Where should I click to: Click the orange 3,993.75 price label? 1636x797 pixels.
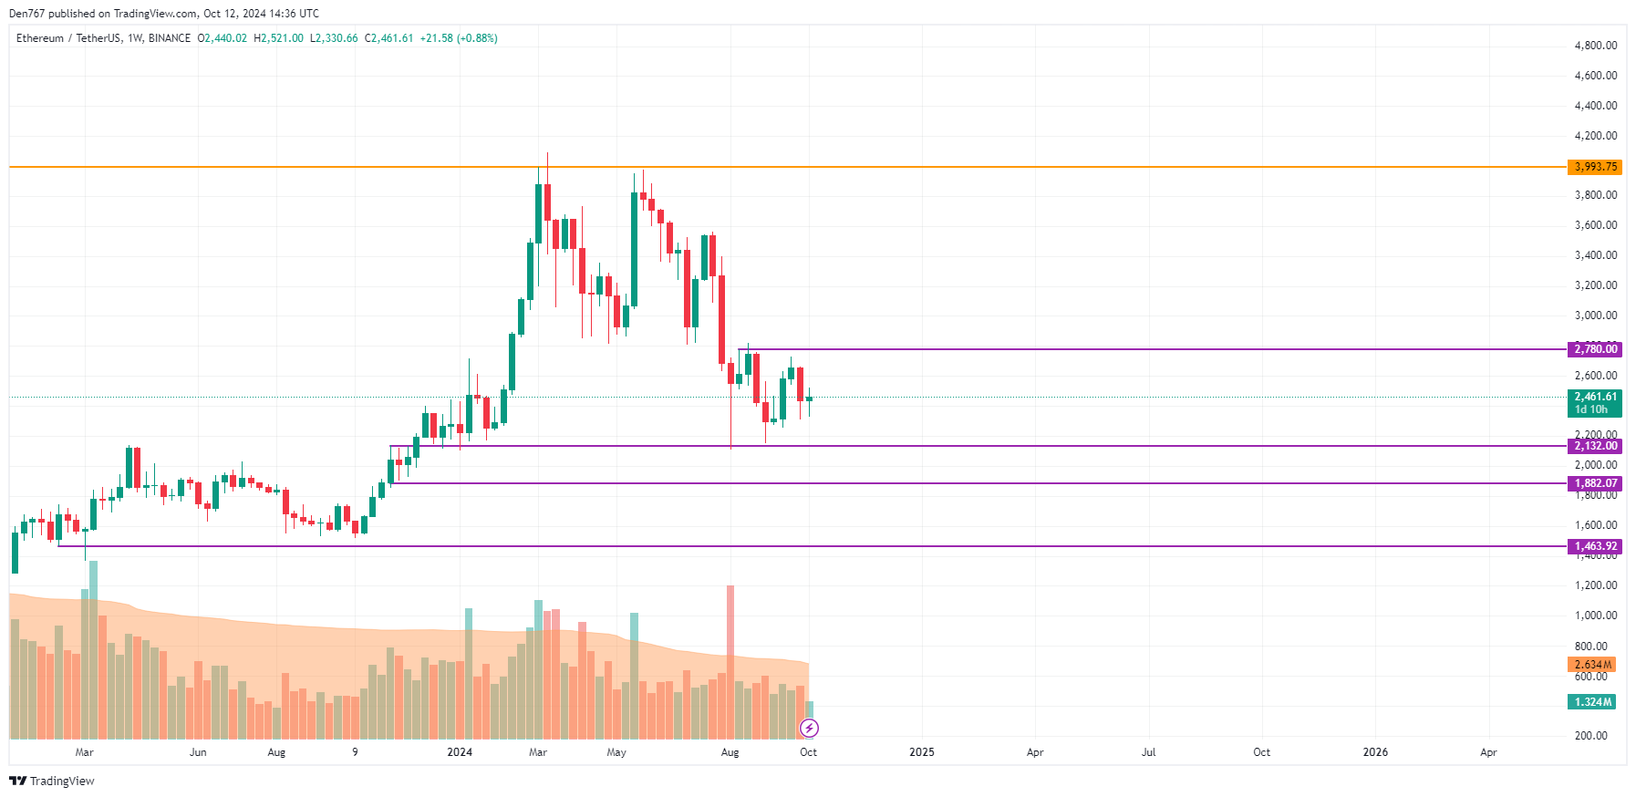click(1595, 167)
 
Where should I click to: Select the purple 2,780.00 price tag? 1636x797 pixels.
click(1595, 349)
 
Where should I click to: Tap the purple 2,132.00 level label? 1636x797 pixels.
click(1595, 446)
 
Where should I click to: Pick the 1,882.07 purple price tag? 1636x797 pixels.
click(1595, 483)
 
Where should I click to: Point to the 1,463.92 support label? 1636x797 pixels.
click(1595, 546)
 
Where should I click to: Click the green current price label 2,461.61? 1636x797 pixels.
click(1595, 397)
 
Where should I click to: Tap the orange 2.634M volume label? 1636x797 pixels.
click(1592, 665)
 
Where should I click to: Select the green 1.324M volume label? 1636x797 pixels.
click(1592, 702)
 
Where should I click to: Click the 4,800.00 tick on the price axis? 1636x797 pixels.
click(1595, 46)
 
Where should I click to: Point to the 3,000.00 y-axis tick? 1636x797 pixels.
click(1595, 316)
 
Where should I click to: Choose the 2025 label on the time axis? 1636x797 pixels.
click(922, 752)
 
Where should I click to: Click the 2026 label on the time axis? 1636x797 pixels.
click(1375, 752)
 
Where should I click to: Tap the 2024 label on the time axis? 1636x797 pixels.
click(460, 752)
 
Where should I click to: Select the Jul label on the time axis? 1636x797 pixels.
click(1148, 752)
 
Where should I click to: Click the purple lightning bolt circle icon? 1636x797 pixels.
click(809, 728)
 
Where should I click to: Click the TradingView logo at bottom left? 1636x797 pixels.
click(52, 781)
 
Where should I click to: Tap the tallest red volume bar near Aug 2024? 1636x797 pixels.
click(730, 657)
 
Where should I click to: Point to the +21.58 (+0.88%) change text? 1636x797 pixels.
click(459, 38)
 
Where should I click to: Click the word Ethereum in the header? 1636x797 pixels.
click(40, 38)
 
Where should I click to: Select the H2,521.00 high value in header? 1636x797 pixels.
click(278, 38)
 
